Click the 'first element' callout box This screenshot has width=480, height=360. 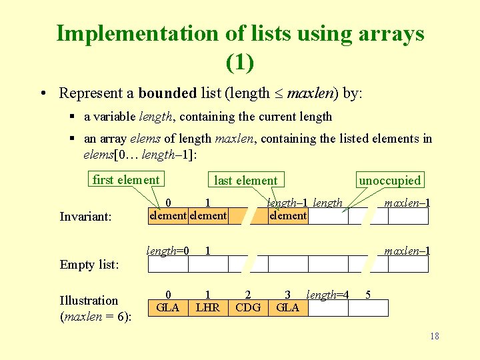[x=126, y=179]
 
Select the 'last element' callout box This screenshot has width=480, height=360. [x=245, y=180]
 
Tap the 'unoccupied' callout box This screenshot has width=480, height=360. [x=390, y=180]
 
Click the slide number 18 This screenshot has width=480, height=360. [x=435, y=336]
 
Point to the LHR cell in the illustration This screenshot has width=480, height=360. [x=208, y=307]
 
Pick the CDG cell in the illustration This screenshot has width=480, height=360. [x=248, y=307]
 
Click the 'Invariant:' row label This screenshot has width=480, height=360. [x=85, y=217]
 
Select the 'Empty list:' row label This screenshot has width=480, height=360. [x=89, y=265]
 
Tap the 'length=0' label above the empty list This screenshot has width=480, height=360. [x=168, y=251]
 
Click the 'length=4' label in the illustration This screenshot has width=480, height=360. [x=327, y=295]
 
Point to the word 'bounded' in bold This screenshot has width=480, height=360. [x=167, y=93]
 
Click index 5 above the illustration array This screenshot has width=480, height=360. [x=368, y=294]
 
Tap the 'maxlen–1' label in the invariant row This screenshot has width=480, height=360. [x=407, y=203]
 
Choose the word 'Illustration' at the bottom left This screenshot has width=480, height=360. [x=89, y=300]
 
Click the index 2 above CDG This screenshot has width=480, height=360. [x=248, y=294]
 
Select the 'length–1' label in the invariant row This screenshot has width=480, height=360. [x=288, y=203]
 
